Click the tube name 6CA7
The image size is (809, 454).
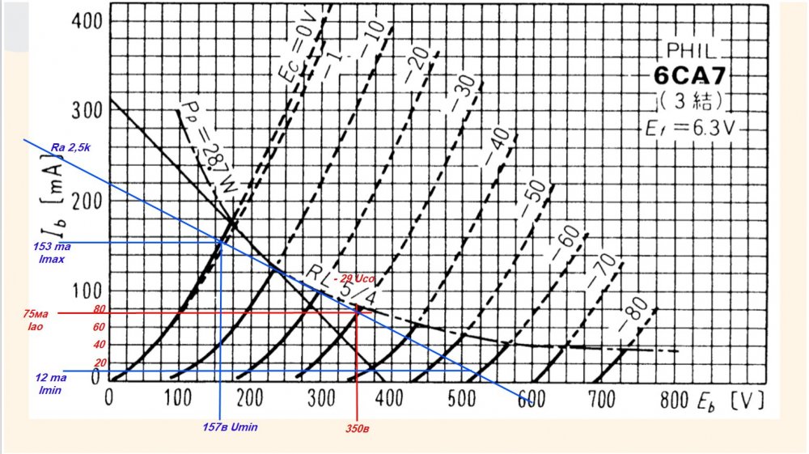point(690,78)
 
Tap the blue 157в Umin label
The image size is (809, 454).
point(234,426)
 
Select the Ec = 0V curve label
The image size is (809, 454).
point(299,50)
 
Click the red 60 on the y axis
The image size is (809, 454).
point(100,327)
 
